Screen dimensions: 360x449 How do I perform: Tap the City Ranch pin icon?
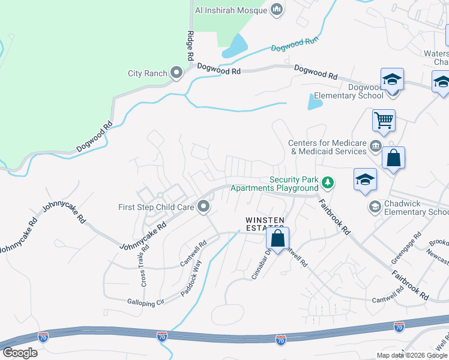point(176,73)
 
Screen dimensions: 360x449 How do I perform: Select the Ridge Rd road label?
point(190,46)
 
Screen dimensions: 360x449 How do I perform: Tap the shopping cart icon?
point(384,119)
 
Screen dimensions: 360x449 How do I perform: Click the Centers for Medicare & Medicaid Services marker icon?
point(375,146)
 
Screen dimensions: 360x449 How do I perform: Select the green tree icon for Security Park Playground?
point(327,181)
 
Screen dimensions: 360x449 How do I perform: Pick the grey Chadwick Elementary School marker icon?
point(375,206)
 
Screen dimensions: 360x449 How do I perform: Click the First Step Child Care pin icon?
point(203,207)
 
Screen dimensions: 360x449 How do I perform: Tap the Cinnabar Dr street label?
point(262,263)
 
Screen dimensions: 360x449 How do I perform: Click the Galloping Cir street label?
point(145,302)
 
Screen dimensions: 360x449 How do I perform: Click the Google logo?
point(20,352)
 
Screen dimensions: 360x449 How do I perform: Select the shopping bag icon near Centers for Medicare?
point(393,158)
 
